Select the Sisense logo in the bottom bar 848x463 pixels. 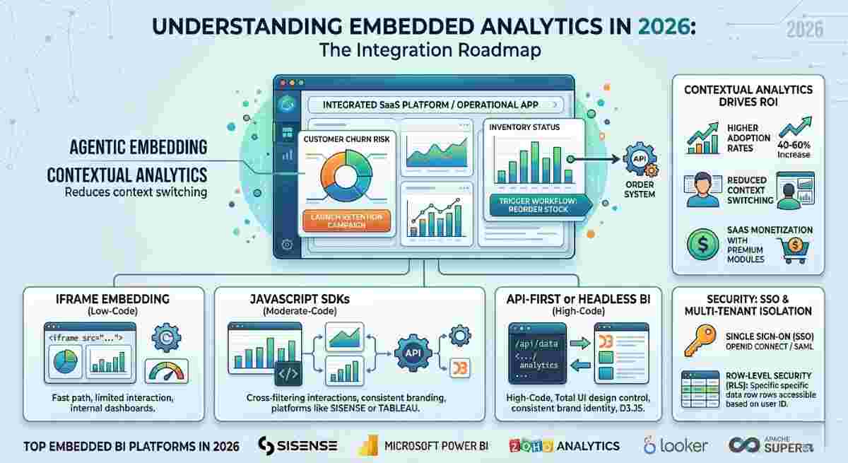coord(298,445)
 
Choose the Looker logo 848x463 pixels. coord(676,445)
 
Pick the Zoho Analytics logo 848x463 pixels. coord(564,445)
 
